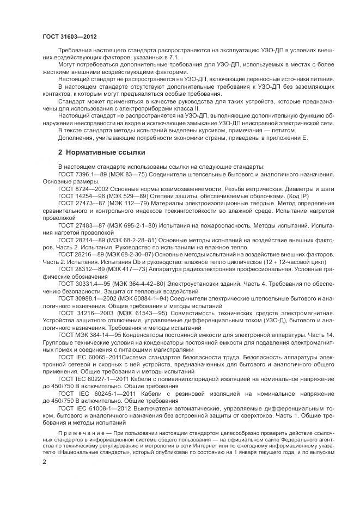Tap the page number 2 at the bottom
[x=44, y=461]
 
